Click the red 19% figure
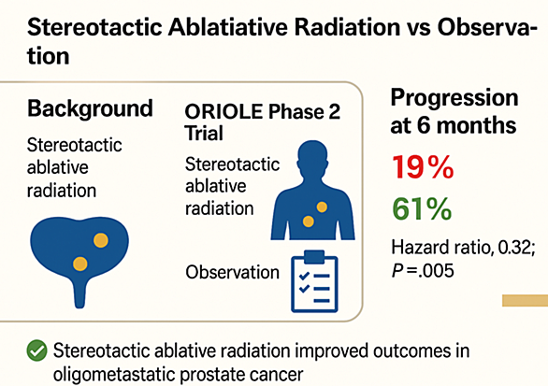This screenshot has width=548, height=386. (x=423, y=167)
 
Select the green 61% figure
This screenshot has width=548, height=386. (x=422, y=208)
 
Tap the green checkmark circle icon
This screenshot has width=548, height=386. (x=36, y=350)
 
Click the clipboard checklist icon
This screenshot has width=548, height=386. (x=314, y=281)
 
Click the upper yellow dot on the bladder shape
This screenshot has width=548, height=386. (x=101, y=240)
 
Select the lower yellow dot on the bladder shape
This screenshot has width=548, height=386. (x=80, y=264)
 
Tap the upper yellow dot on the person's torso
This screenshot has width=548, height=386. (x=322, y=207)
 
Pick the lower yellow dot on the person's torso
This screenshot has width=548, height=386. (x=309, y=222)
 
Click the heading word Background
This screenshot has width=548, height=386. (x=90, y=108)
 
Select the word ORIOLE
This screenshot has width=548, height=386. (x=224, y=112)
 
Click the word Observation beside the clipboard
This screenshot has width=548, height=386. (x=233, y=272)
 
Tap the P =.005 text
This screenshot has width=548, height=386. (x=423, y=271)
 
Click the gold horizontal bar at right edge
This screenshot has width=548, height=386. (x=525, y=300)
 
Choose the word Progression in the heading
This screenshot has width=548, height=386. (x=454, y=97)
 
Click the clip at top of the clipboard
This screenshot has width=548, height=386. (x=314, y=257)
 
